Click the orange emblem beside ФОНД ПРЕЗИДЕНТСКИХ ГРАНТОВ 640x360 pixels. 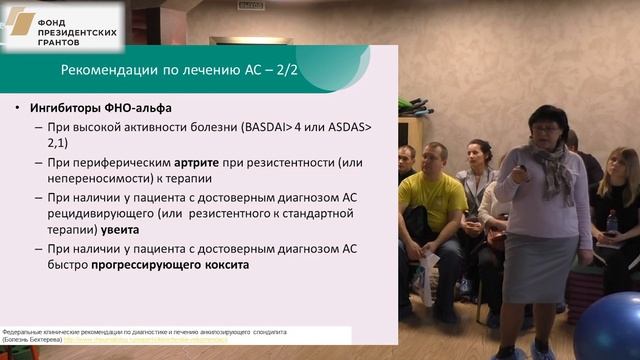(21, 22)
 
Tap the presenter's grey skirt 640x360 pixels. (540, 268)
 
